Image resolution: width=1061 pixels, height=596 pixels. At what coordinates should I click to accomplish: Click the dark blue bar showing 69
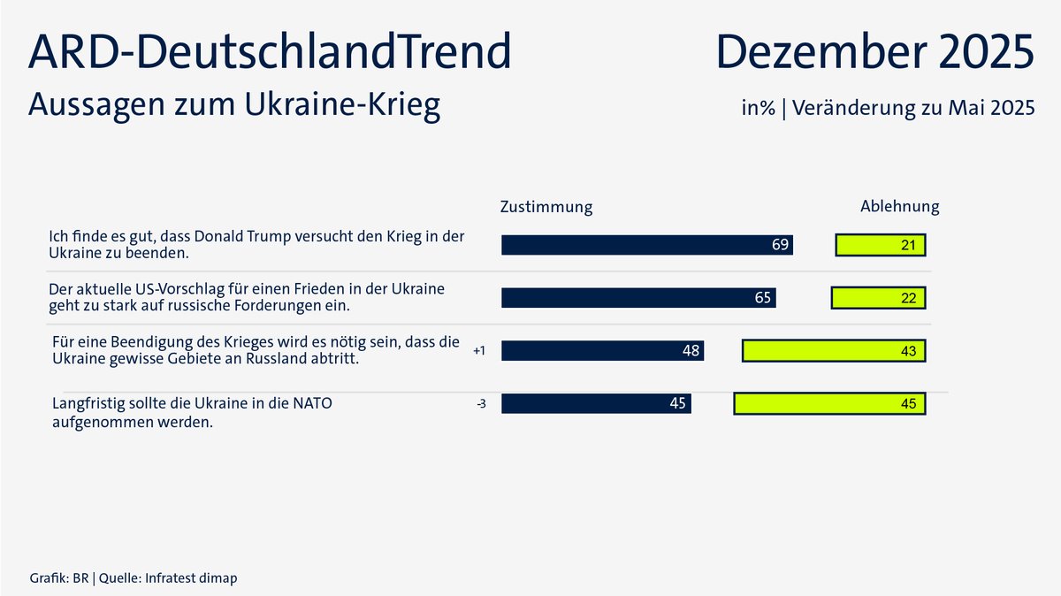tap(646, 245)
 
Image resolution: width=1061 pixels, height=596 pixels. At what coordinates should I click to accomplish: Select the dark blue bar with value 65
tap(638, 298)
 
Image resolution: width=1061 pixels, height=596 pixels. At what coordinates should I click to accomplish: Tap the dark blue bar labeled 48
tap(602, 351)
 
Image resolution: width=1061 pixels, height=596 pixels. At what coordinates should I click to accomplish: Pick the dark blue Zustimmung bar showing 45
tap(596, 404)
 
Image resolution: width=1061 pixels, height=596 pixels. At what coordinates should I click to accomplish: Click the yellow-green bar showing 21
tap(881, 245)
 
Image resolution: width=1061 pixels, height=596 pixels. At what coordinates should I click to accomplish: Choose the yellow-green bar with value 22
tap(879, 298)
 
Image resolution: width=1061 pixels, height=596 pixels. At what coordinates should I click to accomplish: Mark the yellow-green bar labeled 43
tap(834, 351)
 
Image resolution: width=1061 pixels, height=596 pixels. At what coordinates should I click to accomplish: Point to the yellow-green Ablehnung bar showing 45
tap(830, 404)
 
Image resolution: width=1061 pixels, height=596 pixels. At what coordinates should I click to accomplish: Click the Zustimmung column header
tap(546, 207)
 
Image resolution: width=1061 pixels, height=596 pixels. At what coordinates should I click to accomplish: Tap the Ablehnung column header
tap(899, 207)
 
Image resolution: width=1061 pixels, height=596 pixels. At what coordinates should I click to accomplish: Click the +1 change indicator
tap(479, 351)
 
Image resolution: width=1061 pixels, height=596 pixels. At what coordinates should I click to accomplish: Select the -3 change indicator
tap(481, 404)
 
